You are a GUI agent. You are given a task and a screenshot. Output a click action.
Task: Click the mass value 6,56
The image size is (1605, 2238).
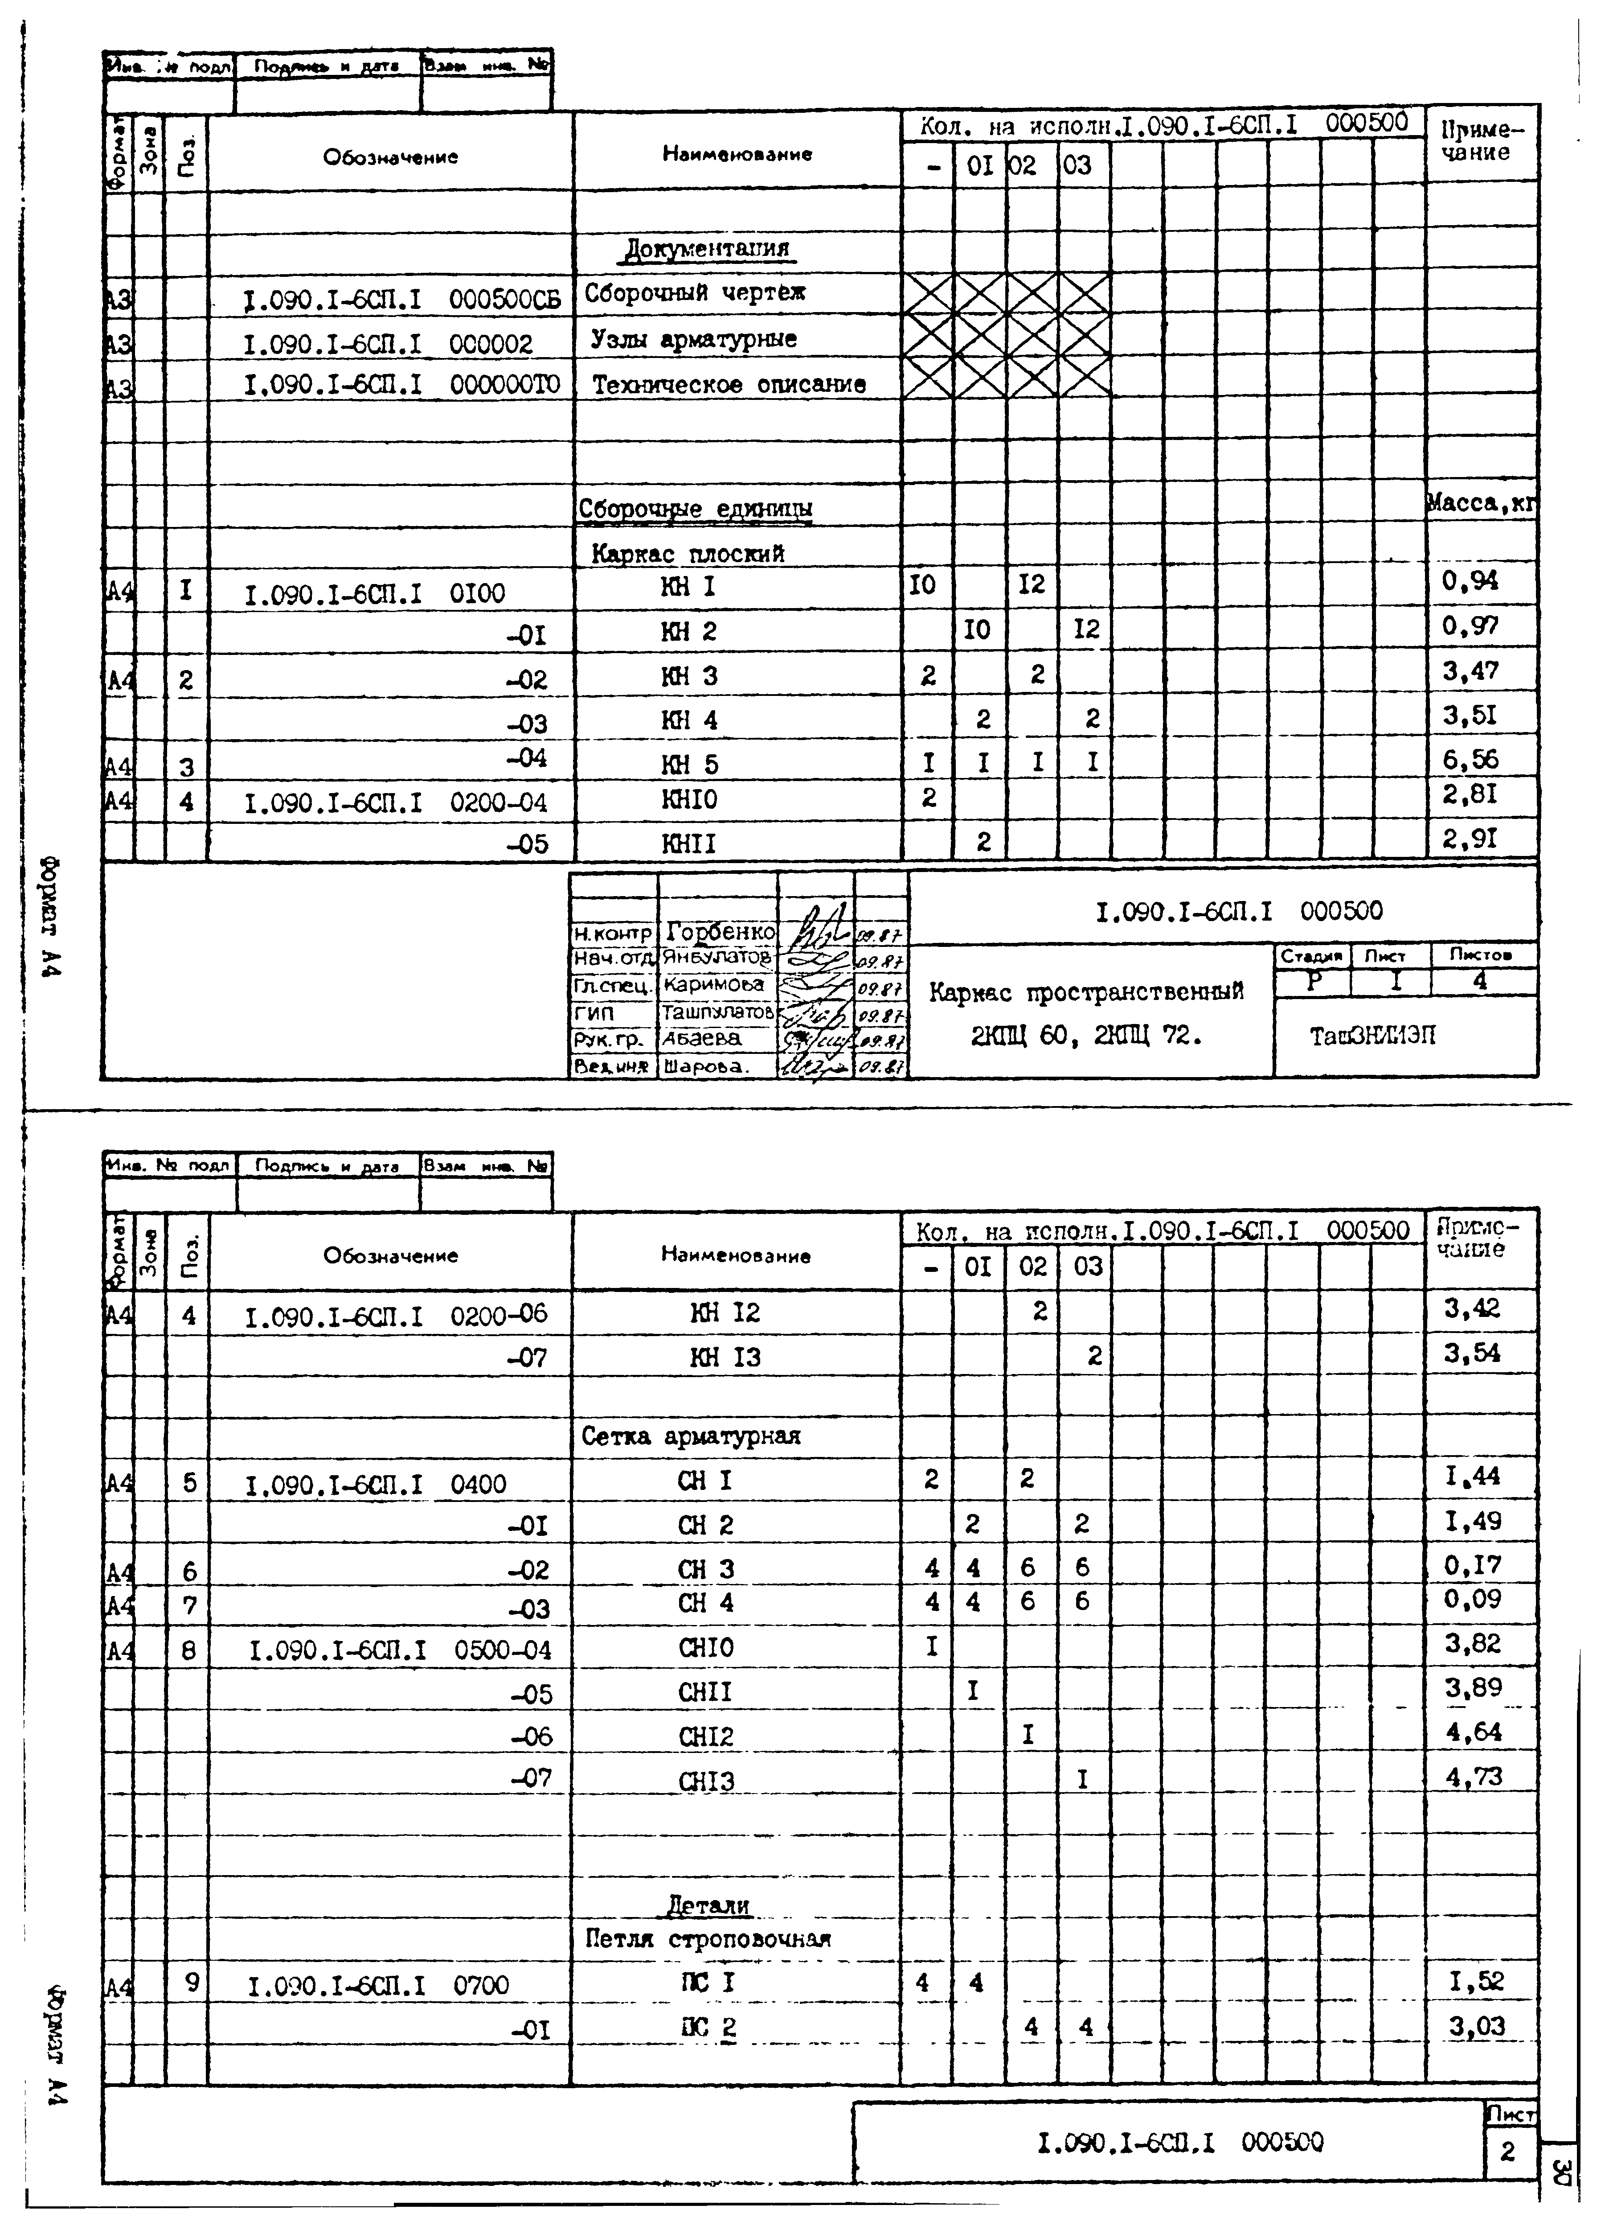[1470, 759]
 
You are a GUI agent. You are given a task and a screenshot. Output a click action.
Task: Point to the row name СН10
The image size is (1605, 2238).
[706, 1648]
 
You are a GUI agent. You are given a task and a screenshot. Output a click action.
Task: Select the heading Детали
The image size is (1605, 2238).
[708, 1905]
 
